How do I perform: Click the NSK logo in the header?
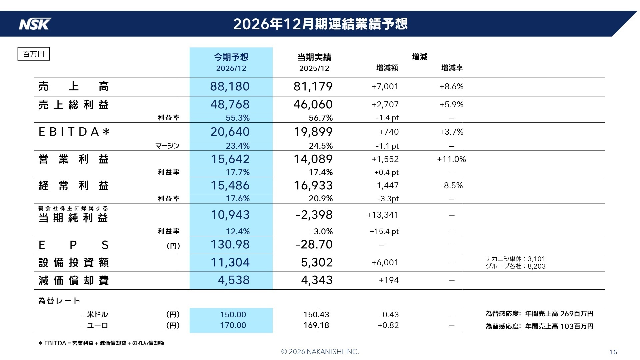(35, 24)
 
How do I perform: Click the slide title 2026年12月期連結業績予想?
(320, 24)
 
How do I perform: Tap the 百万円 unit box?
(33, 54)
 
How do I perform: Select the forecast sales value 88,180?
(230, 86)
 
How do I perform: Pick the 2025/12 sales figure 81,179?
(313, 86)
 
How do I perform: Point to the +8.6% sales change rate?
(451, 87)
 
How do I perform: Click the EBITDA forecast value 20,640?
(230, 132)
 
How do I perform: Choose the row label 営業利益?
(73, 159)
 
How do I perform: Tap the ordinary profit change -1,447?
(386, 186)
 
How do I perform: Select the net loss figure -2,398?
(314, 215)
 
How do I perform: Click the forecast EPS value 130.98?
(230, 244)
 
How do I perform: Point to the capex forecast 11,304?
(230, 262)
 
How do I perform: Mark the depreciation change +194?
(388, 280)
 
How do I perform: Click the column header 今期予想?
(231, 57)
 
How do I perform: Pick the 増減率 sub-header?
(452, 68)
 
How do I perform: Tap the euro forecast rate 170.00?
(233, 325)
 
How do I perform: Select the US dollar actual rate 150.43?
(316, 314)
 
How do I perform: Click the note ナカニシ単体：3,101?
(515, 259)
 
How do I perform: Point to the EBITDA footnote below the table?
(102, 343)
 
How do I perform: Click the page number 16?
(613, 352)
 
